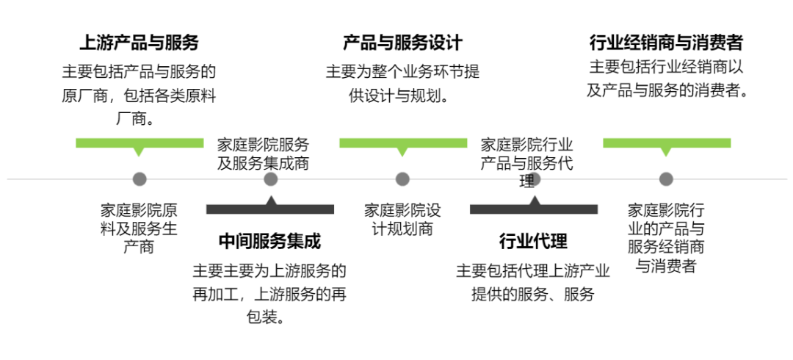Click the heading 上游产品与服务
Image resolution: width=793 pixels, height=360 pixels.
[139, 42]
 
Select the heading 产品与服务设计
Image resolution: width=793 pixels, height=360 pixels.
[402, 42]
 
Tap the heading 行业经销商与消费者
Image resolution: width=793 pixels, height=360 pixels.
[666, 42]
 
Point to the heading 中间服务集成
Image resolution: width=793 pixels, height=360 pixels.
[270, 241]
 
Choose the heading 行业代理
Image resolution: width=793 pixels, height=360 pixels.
[533, 241]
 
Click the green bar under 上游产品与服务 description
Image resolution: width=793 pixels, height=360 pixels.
[139, 143]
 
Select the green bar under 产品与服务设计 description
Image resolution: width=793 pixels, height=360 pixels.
[402, 143]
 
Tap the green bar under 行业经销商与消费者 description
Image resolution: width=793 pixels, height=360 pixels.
[666, 143]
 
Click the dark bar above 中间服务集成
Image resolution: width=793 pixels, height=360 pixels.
[270, 209]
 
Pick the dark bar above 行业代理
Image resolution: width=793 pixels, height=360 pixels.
[533, 209]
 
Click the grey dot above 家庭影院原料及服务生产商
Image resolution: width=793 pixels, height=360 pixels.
[139, 179]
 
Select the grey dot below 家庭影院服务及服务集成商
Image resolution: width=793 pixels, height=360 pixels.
[270, 179]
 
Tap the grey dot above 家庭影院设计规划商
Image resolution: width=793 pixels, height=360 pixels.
[402, 179]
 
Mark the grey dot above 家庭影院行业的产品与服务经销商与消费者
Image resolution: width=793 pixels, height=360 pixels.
[666, 179]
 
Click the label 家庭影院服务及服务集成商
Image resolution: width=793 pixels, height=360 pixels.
[263, 154]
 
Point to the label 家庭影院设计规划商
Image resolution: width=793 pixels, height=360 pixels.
[402, 219]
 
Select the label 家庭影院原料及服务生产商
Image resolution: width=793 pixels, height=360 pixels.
[139, 228]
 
